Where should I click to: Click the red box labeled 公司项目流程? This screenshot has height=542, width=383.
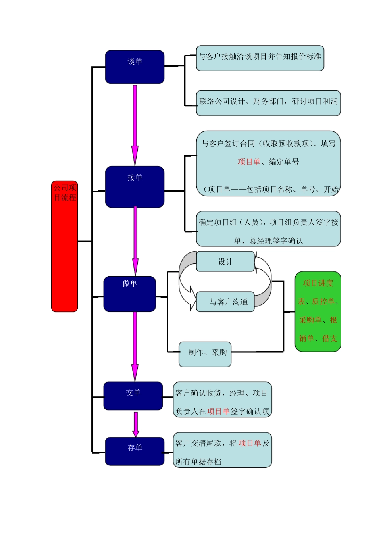[65, 246]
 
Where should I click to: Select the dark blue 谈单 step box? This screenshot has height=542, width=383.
[135, 67]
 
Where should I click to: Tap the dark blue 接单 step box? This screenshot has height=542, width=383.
[135, 187]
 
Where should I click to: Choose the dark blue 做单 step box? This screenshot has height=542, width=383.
[129, 294]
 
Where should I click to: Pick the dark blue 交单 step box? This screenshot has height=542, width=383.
[133, 396]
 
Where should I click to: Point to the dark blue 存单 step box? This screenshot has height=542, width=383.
[135, 451]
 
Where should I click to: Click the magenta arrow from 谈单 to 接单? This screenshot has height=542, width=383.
[135, 125]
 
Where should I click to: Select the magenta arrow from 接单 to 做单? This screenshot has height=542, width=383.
[135, 242]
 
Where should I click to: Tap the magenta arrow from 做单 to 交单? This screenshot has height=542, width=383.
[135, 347]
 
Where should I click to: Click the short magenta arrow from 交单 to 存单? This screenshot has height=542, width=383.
[136, 424]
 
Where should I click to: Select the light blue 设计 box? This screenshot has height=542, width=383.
[225, 261]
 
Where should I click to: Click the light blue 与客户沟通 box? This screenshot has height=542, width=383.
[225, 302]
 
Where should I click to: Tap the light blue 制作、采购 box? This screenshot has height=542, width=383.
[205, 354]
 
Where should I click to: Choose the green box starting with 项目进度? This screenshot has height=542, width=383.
[318, 311]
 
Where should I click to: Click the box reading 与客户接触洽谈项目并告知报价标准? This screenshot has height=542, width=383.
[260, 58]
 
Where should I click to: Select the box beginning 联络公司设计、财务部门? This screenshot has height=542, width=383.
[268, 103]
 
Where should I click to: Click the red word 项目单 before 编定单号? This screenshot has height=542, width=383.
[249, 162]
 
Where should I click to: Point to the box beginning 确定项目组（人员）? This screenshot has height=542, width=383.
[268, 229]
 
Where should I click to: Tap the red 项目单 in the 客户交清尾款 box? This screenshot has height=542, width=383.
[250, 443]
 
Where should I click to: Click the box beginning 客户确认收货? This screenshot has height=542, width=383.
[222, 400]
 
